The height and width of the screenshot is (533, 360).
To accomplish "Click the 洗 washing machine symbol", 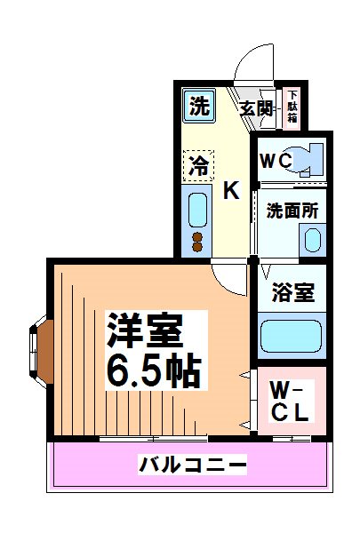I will point(199,107).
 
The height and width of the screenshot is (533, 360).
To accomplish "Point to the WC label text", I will point(276,161).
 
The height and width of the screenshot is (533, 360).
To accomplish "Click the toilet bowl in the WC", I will point(311,160).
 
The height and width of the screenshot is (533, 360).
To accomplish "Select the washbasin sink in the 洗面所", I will point(311,239).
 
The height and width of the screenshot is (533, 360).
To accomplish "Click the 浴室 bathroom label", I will point(292,292).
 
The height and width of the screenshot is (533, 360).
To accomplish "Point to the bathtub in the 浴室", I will point(292,338).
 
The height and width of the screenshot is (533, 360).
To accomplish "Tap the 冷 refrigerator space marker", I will point(199,164).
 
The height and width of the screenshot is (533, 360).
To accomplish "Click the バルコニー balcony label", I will point(192,464).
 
